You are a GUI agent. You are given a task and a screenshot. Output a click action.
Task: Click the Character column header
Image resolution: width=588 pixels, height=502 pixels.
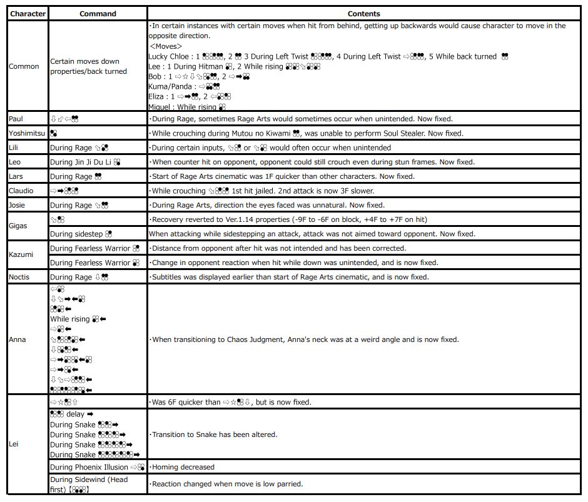coord(28,13)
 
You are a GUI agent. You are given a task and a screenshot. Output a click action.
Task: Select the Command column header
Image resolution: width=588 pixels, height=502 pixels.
coord(98,13)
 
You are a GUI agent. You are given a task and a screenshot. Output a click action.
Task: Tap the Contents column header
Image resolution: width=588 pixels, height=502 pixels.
coord(364,13)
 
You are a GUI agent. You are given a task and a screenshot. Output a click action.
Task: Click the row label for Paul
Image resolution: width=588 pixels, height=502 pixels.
coord(16,119)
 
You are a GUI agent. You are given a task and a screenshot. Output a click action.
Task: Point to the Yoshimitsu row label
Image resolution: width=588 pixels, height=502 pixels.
coord(27,133)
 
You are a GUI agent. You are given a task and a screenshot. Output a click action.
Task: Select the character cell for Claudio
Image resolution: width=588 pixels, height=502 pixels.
coord(21,191)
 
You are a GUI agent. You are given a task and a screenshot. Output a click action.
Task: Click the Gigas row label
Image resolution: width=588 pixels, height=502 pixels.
coord(18,226)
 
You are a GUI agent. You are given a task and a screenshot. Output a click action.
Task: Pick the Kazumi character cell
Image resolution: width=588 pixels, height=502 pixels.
coord(21,255)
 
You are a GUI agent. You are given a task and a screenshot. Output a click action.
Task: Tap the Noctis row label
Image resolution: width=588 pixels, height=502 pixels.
coord(20,277)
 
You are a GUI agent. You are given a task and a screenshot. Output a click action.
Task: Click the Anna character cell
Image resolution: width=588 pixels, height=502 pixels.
coord(18,339)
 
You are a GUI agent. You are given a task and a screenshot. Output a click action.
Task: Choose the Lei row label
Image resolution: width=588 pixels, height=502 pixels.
coord(13,444)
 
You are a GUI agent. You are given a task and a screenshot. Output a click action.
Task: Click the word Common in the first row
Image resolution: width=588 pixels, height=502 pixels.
coord(24,66)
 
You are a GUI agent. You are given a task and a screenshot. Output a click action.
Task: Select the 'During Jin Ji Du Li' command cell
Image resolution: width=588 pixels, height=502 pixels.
coord(85,162)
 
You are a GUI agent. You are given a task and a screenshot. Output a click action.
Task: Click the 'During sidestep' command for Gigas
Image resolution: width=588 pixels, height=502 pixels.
coord(81,234)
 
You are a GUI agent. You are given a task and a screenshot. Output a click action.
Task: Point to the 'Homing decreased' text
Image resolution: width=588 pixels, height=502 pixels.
coord(182,467)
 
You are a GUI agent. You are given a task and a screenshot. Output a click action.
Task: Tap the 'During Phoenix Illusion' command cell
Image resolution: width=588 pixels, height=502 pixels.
coord(96,467)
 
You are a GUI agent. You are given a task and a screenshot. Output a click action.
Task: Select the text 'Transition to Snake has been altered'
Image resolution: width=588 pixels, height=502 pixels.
coord(213,434)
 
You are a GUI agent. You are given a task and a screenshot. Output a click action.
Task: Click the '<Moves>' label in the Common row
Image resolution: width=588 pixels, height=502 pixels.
coord(166,46)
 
